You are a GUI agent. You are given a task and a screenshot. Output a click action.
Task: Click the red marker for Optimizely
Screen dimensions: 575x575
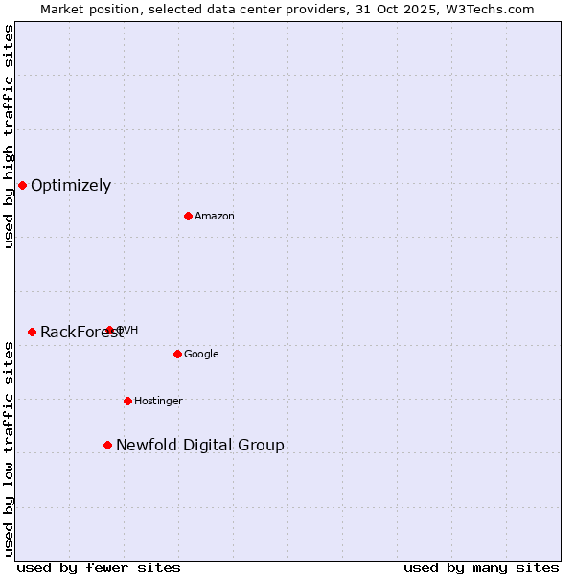[x=22, y=185]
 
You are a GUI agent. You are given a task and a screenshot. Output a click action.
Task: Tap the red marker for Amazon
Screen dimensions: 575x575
[x=188, y=216]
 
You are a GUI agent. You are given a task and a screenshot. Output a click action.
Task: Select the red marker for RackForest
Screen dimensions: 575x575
[x=32, y=332]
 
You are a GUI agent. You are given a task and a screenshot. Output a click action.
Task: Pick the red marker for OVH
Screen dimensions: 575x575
[x=109, y=330]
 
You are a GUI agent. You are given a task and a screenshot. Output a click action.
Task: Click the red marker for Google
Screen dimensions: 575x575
[x=177, y=354]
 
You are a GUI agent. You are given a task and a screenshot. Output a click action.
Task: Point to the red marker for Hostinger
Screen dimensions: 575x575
[x=127, y=401]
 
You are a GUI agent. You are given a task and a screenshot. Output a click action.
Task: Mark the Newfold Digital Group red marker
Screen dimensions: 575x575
[x=107, y=445]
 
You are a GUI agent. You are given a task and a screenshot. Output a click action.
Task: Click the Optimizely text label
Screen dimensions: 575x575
[x=71, y=186]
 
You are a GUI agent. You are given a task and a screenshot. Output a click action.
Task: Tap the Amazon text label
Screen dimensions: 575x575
[x=215, y=217]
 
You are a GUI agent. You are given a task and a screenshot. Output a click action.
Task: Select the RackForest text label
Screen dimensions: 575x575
[x=81, y=333]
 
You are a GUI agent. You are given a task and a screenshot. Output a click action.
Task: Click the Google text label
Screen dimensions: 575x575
[x=201, y=355]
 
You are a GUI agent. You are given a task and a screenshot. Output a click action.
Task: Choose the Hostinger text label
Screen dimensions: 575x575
[x=158, y=402]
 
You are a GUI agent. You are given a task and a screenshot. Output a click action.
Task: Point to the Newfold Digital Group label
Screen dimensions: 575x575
[x=199, y=446]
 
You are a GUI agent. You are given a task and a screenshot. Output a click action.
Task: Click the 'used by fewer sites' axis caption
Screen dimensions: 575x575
[x=99, y=567]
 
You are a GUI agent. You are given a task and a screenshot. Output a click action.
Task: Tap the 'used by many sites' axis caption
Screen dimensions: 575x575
[x=481, y=567]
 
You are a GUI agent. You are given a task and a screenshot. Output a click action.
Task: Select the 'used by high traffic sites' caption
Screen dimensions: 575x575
[x=9, y=136]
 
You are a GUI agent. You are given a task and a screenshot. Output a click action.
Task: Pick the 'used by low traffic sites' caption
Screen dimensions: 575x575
[x=9, y=448]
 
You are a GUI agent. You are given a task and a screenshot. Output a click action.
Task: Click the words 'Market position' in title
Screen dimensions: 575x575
[x=85, y=9]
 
